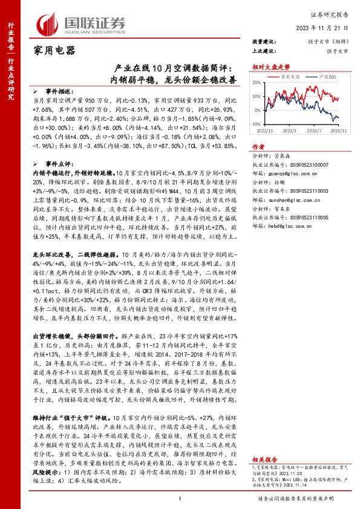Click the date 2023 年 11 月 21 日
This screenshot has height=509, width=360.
[327, 28]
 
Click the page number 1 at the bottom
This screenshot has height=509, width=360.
[180, 499]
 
